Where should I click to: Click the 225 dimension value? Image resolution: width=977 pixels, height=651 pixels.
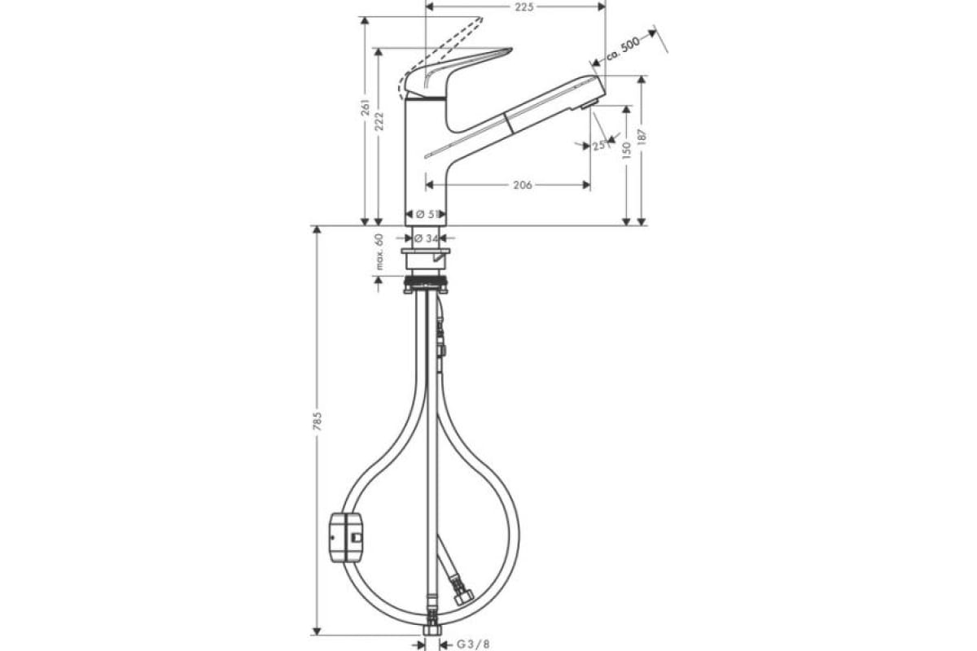point(524,7)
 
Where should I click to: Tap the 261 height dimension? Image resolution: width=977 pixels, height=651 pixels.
point(366,107)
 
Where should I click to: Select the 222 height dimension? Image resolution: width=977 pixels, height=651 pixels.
point(379,120)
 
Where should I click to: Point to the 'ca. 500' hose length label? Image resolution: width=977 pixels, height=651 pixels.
point(624,48)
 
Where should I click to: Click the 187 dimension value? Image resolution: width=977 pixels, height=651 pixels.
point(642,137)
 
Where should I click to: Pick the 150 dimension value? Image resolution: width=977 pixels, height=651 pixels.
point(627,150)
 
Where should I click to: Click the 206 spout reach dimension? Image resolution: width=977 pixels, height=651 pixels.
point(522,186)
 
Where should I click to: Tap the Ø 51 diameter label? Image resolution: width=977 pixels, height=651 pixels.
point(427,214)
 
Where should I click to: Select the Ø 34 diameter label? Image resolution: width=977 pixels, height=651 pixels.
point(426,238)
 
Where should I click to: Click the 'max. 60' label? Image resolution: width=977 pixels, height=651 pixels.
point(379,251)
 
